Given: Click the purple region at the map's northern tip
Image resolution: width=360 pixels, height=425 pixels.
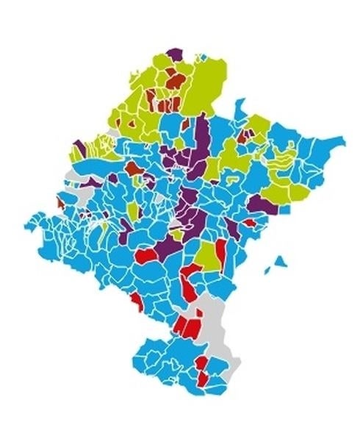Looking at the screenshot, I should point(175,54).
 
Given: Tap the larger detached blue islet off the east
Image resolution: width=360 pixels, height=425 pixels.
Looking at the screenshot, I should point(280,262).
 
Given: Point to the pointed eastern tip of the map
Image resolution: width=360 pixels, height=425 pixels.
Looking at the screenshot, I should point(342,137).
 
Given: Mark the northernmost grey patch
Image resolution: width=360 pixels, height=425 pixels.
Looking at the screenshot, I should point(109,135).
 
